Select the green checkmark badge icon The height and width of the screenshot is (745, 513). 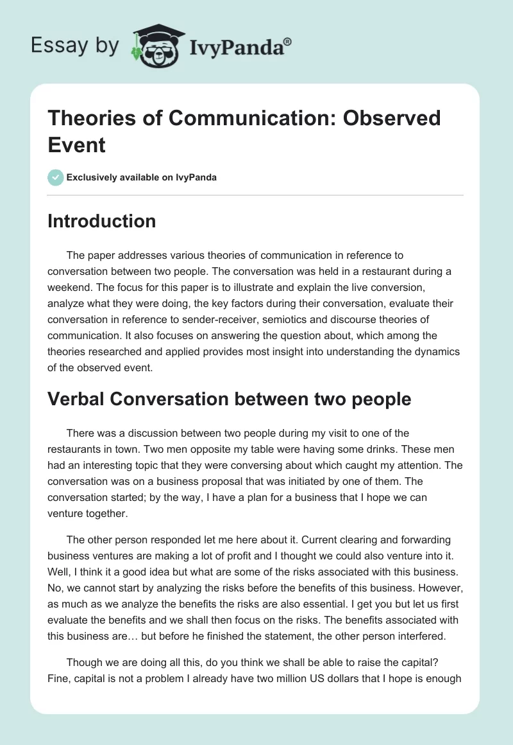coord(56,177)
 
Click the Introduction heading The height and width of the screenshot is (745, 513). coord(102,221)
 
